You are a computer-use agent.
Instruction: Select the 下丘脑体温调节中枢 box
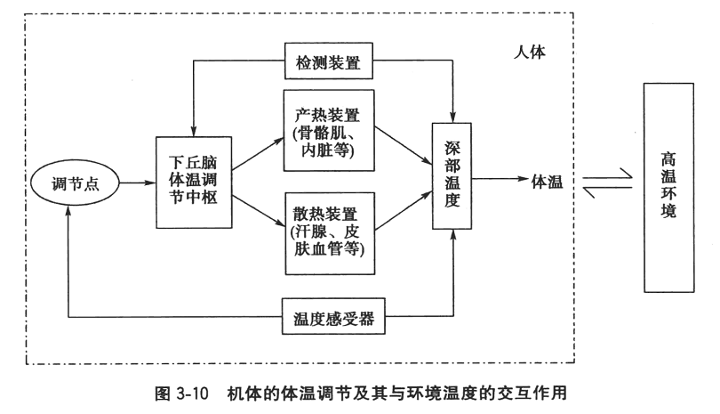193,184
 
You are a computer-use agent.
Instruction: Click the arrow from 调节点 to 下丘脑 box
134,184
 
